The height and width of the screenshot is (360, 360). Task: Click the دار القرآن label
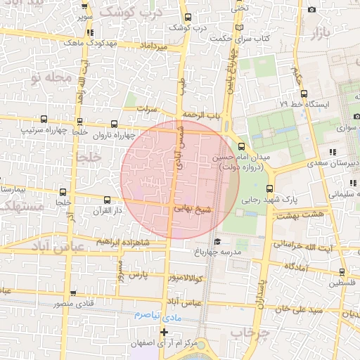pyautogui.click(x=108, y=210)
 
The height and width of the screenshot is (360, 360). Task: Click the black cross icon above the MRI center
pyautogui.click(x=164, y=332)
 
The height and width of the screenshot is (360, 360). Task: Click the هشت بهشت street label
pyautogui.click(x=301, y=214)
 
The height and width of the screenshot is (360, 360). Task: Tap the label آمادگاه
pyautogui.click(x=297, y=266)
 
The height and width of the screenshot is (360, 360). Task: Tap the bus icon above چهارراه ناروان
pyautogui.click(x=106, y=122)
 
